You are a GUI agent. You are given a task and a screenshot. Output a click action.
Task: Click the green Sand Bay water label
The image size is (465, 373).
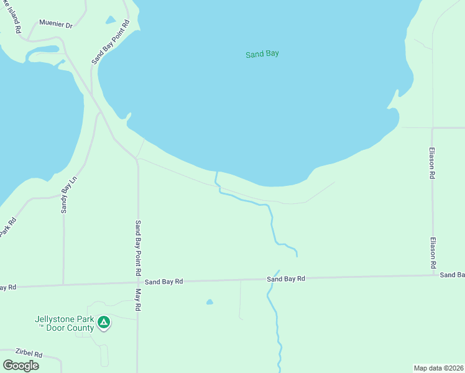[262, 54]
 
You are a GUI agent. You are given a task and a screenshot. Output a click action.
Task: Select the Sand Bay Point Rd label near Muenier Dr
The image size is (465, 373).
[110, 42]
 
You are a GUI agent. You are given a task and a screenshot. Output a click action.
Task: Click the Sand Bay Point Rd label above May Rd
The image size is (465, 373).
[138, 249]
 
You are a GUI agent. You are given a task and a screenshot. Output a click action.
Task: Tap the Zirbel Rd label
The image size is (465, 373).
[22, 354]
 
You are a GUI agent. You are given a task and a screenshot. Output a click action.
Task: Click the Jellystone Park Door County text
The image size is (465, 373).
[64, 323]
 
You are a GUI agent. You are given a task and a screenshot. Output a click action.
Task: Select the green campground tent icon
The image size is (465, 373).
[104, 322]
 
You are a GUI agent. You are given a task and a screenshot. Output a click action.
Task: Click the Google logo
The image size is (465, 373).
[21, 365]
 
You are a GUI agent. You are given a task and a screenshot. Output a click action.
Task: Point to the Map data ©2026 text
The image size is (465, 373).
[438, 367]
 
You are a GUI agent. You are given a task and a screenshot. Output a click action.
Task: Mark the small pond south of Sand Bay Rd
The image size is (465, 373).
[209, 302]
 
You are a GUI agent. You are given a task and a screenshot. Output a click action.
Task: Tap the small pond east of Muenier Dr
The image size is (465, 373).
[111, 20]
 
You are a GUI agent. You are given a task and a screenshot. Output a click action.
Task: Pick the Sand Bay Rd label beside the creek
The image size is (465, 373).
[286, 279]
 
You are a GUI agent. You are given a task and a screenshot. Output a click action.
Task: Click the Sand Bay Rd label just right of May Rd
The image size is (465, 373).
[164, 282]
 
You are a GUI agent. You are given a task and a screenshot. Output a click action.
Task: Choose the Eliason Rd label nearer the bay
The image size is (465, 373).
[433, 163]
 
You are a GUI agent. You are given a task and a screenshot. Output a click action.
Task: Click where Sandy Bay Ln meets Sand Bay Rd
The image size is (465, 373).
[63, 284]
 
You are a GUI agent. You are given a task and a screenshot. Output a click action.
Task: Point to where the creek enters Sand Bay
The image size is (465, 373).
[216, 173]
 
